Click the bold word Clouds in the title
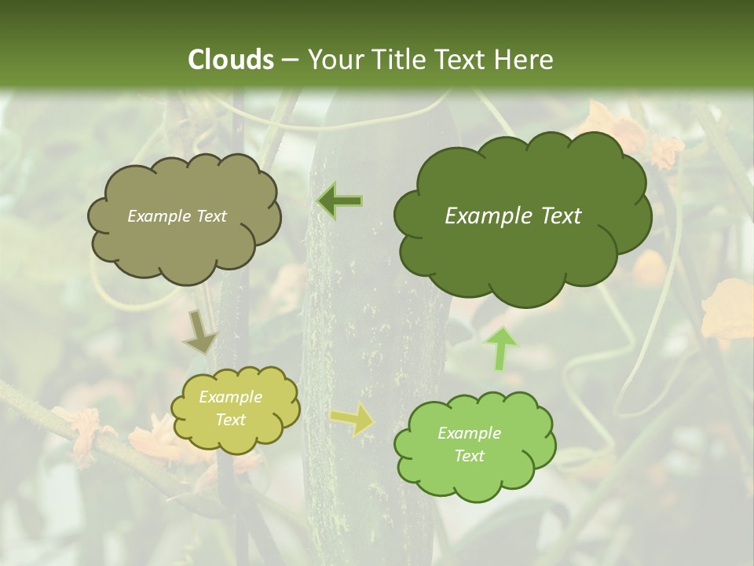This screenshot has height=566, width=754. pos(231,60)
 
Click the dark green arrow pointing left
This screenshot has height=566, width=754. pos(340,201)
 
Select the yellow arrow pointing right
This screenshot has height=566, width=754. pos(353,420)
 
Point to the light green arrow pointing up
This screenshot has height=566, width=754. pos(501,348)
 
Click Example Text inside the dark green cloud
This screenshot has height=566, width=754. pos(513,216)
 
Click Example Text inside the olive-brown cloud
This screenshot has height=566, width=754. pos(177,216)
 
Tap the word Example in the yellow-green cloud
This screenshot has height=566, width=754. pos(231,397)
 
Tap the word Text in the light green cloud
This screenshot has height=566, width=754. pos(470,456)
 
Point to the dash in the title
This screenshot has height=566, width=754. pos(289,60)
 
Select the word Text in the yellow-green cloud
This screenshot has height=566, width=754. pos(231,420)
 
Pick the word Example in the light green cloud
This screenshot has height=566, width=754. pos(470,433)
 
